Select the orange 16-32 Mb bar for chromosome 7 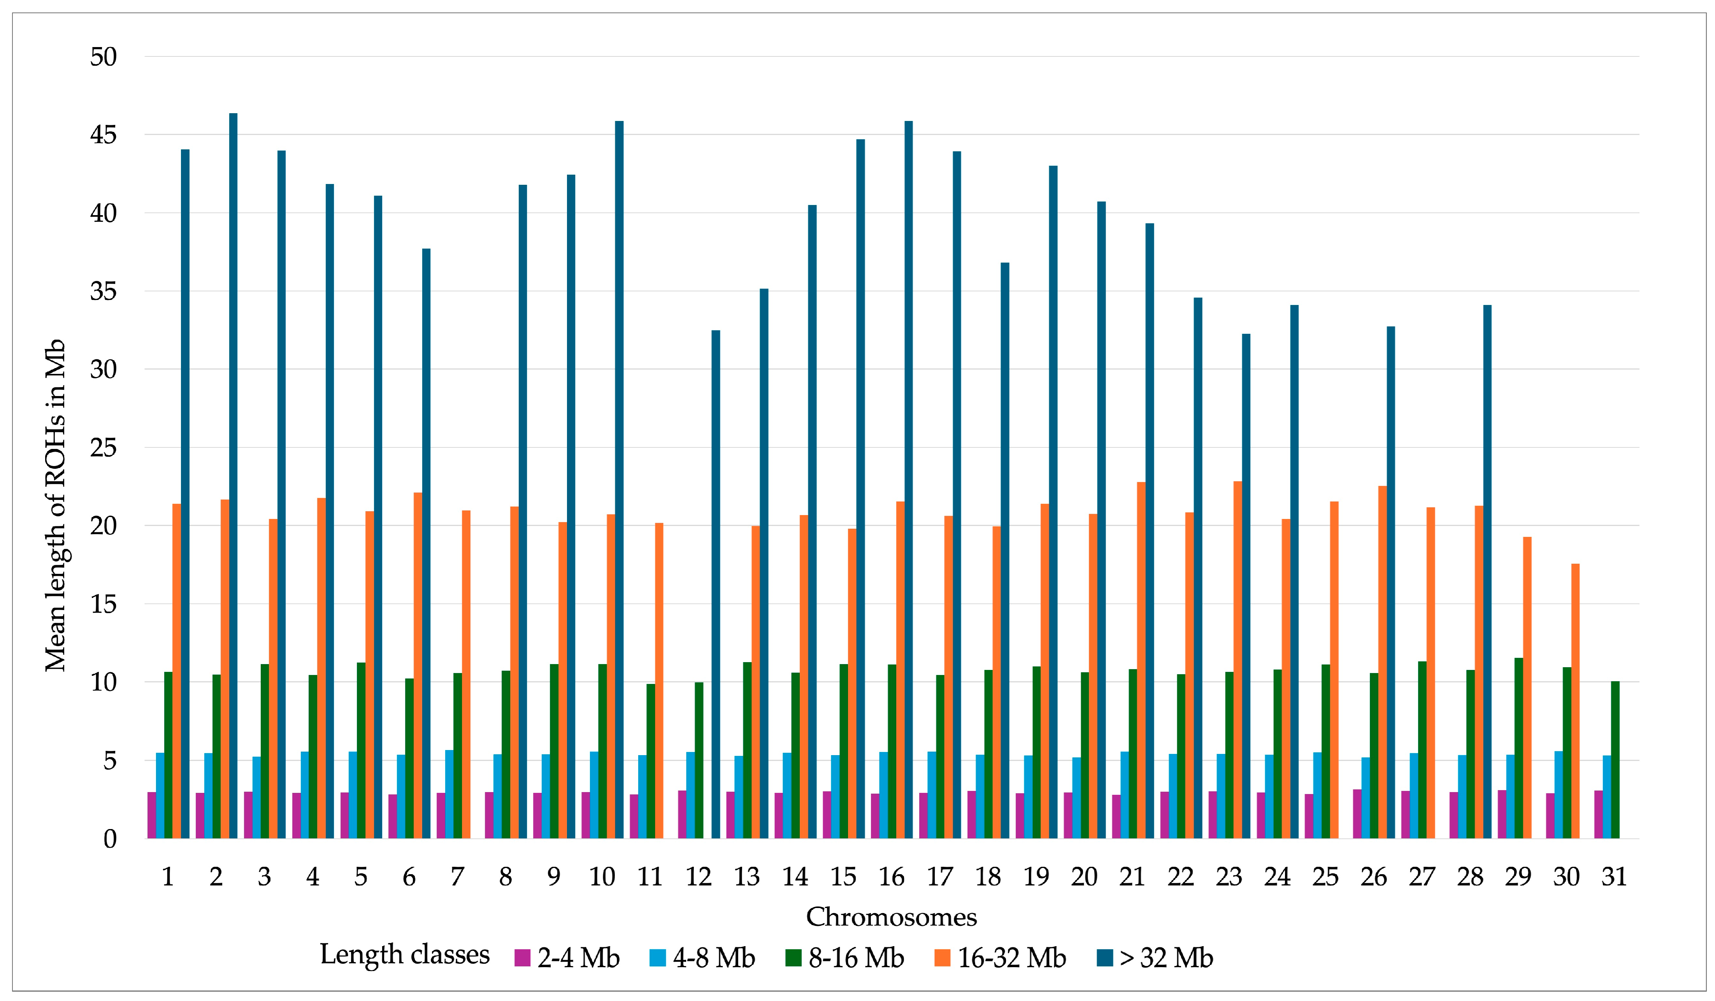coord(466,674)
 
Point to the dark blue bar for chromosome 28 coord(1487,571)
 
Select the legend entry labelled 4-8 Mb coord(713,958)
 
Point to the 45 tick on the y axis coord(104,135)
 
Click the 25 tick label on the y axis coord(104,448)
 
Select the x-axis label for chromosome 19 coord(1036,877)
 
